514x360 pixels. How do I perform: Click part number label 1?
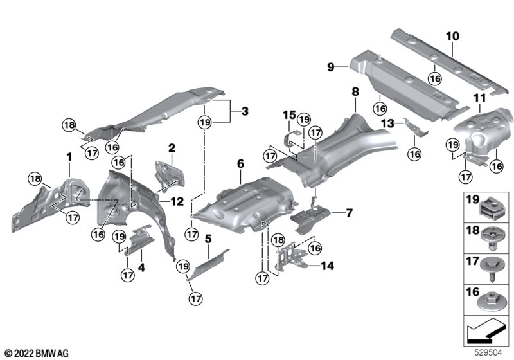coord(69,157)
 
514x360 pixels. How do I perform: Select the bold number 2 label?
coord(172,148)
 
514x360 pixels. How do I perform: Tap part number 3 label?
coord(244,111)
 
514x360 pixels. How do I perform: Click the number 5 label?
coord(208,239)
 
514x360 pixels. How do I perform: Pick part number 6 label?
coord(240,165)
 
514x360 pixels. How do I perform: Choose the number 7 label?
coord(349,212)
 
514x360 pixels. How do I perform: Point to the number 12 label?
coord(177,201)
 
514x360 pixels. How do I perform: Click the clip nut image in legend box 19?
coord(494,208)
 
